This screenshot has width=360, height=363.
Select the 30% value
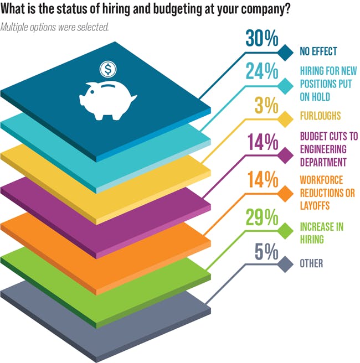coord(261,40)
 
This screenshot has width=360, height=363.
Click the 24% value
coord(261,73)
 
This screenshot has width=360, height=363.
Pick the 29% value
coord(261,217)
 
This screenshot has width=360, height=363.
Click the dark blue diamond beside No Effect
coord(286,53)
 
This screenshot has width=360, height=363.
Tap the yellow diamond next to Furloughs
coord(286,118)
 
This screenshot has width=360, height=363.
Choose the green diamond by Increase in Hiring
coord(286,229)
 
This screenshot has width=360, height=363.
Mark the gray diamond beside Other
coord(286,264)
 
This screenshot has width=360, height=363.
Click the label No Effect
coord(318,52)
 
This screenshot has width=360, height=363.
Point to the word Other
coord(311,264)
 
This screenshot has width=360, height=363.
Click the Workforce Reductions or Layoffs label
coord(327,193)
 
